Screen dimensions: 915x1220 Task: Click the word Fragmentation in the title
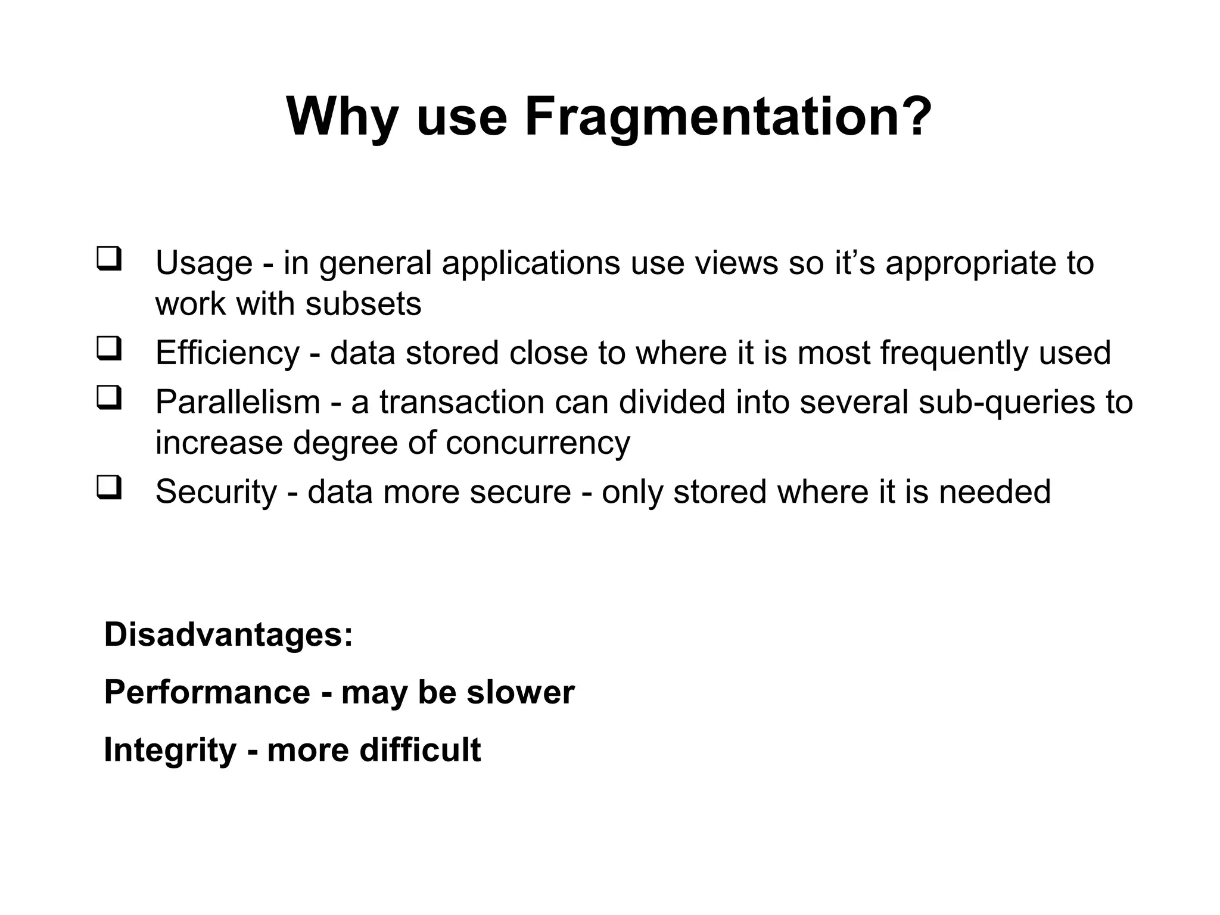(x=728, y=117)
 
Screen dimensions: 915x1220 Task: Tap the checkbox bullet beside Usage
(x=109, y=259)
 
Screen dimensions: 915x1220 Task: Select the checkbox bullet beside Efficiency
(x=109, y=348)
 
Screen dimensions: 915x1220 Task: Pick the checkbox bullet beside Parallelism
(x=109, y=398)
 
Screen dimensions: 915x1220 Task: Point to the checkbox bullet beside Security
(x=109, y=487)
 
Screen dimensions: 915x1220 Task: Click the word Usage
(x=204, y=263)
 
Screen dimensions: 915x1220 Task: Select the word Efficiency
(x=227, y=353)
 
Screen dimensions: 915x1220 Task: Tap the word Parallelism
(x=238, y=402)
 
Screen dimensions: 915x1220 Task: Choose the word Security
(x=216, y=492)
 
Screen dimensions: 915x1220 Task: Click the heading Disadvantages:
(x=229, y=634)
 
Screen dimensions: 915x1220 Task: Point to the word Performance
(x=207, y=692)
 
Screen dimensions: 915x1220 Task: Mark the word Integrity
(x=170, y=749)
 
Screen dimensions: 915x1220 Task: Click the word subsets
(x=363, y=304)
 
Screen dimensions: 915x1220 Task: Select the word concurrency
(x=537, y=443)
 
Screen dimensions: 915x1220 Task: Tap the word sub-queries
(x=1006, y=402)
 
